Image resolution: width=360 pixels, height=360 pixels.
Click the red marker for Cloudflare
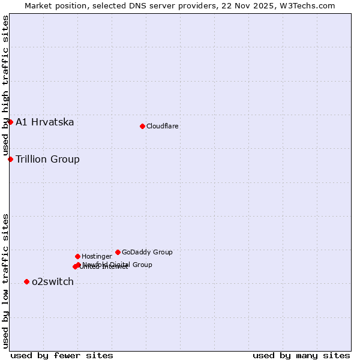142,126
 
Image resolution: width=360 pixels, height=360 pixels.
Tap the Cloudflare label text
163,127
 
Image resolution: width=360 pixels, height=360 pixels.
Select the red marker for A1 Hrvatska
10,122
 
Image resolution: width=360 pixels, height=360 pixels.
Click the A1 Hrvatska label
45,122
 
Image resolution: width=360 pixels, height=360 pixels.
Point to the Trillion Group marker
10,159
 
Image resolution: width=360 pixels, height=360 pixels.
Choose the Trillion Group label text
47,160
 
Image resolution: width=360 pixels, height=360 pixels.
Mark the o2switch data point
26,281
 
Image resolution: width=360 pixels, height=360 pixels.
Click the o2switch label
53,282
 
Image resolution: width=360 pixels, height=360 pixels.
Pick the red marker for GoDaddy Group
118,252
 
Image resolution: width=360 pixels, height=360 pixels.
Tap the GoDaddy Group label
147,253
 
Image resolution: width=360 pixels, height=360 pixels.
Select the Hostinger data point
77,256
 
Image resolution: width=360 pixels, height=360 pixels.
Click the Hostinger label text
97,257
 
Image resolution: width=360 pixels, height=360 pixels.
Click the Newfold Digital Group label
118,265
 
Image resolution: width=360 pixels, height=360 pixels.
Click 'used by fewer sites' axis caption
62,355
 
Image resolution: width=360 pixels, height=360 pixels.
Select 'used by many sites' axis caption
301,355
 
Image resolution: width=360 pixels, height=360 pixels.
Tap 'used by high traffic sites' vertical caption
6,85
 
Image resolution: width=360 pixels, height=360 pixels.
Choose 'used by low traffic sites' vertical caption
6,280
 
